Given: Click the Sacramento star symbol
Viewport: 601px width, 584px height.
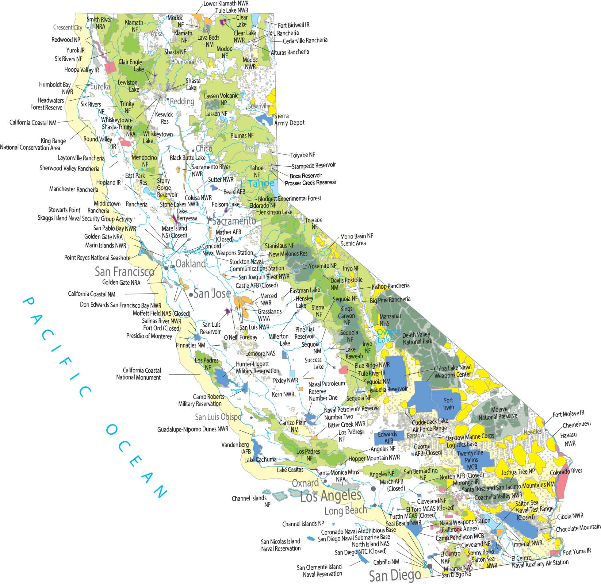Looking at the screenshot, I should (210, 219).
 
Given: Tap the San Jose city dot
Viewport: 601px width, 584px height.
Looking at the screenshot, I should (191, 295).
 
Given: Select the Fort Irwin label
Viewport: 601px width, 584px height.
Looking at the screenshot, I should (448, 404).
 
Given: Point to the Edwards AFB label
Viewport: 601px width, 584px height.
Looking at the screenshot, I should (388, 437).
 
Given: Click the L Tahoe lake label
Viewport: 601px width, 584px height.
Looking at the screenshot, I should (257, 183).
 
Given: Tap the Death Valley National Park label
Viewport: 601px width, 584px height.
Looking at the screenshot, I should (417, 338).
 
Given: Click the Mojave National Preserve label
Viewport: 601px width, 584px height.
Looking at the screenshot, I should (498, 413).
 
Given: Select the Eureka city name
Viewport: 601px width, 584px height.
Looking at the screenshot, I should (100, 87).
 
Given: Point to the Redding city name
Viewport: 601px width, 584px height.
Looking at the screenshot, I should (182, 101).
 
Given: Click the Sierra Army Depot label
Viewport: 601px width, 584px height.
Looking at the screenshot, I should (289, 119).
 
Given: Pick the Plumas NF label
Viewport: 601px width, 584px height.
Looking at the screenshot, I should (242, 135).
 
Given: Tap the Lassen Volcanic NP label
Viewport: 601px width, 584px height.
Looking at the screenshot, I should (221, 99).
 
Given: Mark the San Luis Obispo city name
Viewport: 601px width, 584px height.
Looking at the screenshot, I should (218, 417).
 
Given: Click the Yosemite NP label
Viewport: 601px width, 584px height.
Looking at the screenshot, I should (322, 266).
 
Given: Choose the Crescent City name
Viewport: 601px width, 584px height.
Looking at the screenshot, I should (68, 27).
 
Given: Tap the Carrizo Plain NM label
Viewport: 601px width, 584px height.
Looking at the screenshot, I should (293, 426).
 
